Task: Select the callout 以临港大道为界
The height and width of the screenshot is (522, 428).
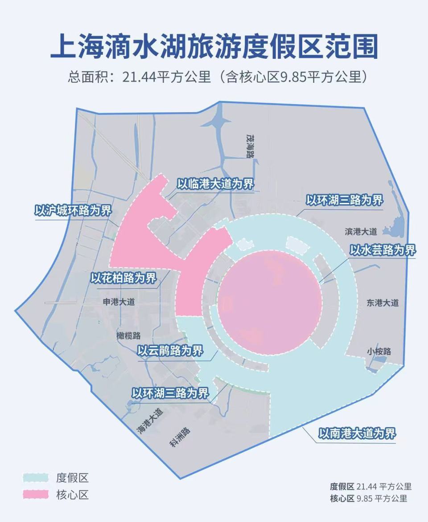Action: coord(215,184)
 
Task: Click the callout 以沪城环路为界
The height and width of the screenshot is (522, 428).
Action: coord(73,210)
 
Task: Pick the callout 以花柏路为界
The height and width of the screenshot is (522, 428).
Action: coord(123,279)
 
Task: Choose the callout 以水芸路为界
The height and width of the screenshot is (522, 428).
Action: coord(383,250)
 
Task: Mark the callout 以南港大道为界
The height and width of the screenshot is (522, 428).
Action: coord(357,433)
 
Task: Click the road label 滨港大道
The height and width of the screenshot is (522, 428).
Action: coord(361,231)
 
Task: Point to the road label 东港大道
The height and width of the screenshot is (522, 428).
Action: coord(383,303)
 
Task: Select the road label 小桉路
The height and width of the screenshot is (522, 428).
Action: coord(379,351)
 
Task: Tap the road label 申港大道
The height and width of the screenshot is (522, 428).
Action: coord(119,301)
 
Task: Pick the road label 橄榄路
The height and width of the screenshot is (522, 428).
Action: coord(128,336)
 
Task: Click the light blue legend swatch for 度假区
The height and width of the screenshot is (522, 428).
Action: coord(36,478)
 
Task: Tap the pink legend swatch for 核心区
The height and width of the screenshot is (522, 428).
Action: coord(36,494)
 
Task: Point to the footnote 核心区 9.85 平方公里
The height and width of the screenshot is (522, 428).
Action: coord(368,498)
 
